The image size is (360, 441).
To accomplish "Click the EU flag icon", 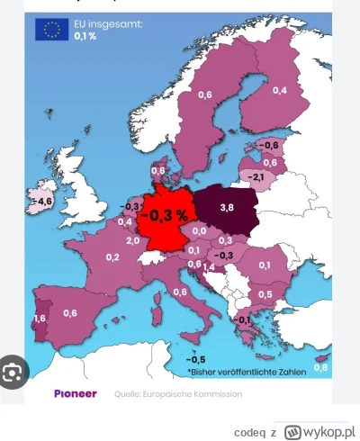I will (x=50, y=29).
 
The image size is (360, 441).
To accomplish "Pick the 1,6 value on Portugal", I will (x=39, y=318).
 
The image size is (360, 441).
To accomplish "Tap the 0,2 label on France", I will (x=112, y=257).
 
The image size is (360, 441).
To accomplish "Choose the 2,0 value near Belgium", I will (x=132, y=240).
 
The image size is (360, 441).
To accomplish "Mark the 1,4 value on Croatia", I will (x=208, y=267).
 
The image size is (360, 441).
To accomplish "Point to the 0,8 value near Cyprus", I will (x=322, y=367).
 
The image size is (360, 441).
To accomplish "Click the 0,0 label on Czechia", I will (x=198, y=233).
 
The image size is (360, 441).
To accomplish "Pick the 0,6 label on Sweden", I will (x=205, y=94).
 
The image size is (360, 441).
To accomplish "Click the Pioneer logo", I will (x=71, y=393).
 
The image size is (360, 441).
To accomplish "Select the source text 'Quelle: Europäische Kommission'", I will (x=165, y=394).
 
